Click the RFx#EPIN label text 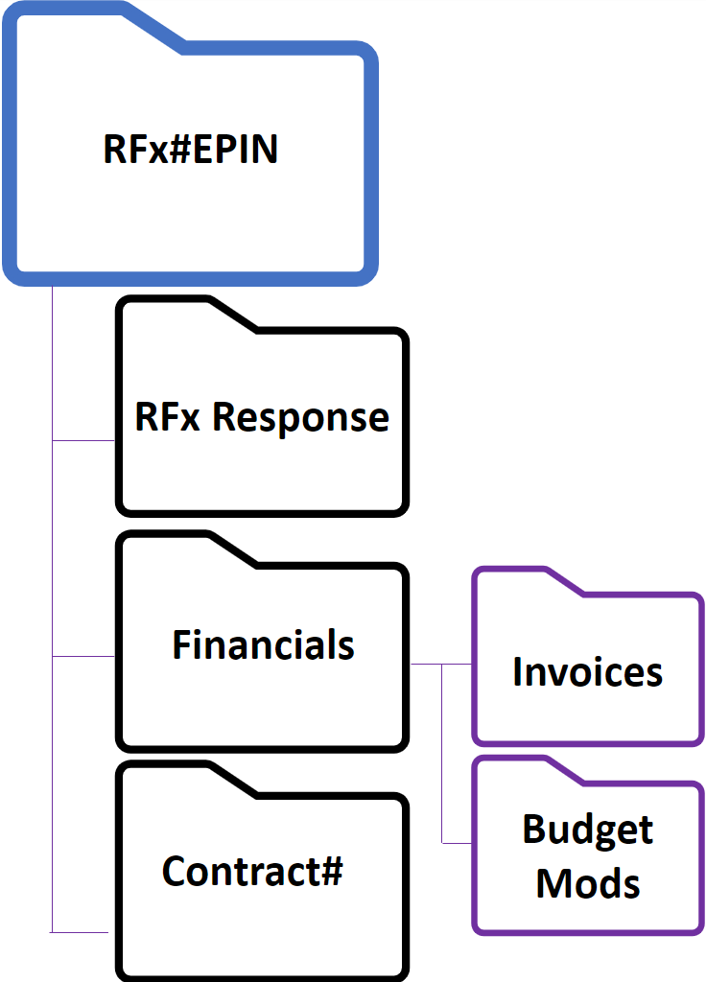pyautogui.click(x=190, y=151)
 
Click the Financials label pyautogui.click(x=263, y=645)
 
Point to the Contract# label pyautogui.click(x=252, y=872)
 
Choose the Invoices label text pyautogui.click(x=587, y=672)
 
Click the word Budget pyautogui.click(x=587, y=830)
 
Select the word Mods pyautogui.click(x=587, y=882)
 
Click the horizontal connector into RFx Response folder pyautogui.click(x=83, y=441)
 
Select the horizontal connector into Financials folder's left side pyautogui.click(x=83, y=657)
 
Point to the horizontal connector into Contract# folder pyautogui.click(x=83, y=931)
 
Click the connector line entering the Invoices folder pyautogui.click(x=457, y=664)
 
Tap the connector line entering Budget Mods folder pyautogui.click(x=457, y=843)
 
